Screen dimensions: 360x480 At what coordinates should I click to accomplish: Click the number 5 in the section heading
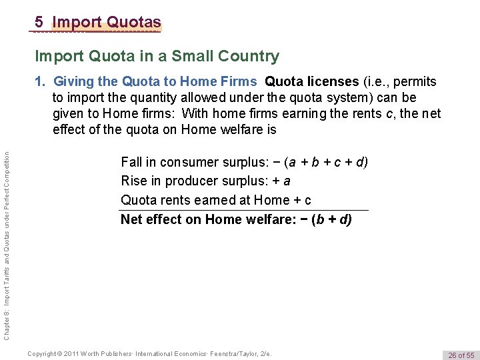(x=40, y=22)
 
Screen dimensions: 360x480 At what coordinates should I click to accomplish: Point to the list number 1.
(x=41, y=82)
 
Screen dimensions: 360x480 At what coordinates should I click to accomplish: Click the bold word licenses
(x=331, y=82)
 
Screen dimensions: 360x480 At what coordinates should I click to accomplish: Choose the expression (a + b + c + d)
(x=325, y=162)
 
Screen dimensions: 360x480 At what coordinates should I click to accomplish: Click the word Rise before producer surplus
(x=133, y=181)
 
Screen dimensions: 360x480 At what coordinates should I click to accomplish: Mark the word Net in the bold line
(x=131, y=219)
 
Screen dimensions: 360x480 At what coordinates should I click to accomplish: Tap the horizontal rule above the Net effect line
(x=244, y=210)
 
